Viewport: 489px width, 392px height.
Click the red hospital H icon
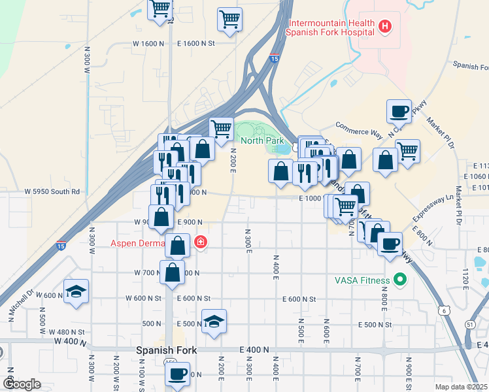coord(386,27)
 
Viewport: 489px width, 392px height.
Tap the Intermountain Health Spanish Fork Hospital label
coord(331,27)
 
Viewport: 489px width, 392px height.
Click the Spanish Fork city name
coord(166,350)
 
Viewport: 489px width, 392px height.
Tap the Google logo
coord(22,384)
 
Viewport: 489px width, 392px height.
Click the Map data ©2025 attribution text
coord(461,387)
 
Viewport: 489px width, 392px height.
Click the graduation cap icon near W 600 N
coord(76,291)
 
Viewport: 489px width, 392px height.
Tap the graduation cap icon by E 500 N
coord(214,321)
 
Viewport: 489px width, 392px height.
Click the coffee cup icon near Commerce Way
coord(399,112)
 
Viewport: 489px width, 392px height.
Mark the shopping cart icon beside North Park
coord(221,130)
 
